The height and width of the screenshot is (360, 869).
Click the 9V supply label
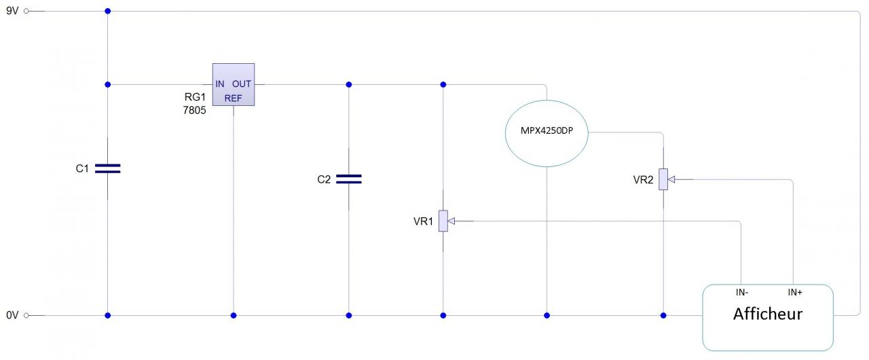(x=13, y=12)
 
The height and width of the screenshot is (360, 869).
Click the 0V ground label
(x=13, y=315)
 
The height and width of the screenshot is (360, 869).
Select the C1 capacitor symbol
(x=108, y=168)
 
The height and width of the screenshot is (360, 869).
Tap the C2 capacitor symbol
(x=349, y=179)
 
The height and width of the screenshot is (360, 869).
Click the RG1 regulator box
(x=234, y=84)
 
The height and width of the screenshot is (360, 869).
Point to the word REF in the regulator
(x=234, y=98)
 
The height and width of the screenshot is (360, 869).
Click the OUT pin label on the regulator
(x=242, y=84)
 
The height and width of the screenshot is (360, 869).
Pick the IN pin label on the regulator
(x=220, y=84)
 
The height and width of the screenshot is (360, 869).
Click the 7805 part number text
(x=194, y=110)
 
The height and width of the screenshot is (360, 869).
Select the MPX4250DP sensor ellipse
(x=547, y=132)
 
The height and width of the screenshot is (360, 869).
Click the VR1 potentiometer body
(x=443, y=221)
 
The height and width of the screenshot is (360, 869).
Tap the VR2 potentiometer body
(x=663, y=179)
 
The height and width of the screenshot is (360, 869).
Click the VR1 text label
(x=423, y=221)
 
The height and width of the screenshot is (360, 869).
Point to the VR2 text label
(x=643, y=180)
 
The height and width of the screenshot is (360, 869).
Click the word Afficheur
(x=768, y=314)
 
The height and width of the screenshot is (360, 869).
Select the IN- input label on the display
(x=742, y=293)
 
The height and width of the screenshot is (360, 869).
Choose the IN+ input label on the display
(x=795, y=293)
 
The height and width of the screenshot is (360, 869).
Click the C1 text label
(x=82, y=168)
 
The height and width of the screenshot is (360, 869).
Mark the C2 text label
(x=324, y=179)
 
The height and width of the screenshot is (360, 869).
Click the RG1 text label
(x=195, y=97)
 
